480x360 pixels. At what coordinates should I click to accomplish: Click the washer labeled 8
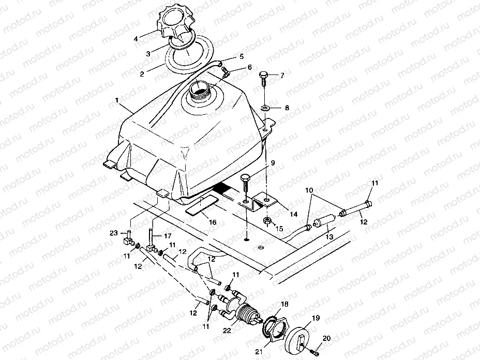[x=265, y=108]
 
